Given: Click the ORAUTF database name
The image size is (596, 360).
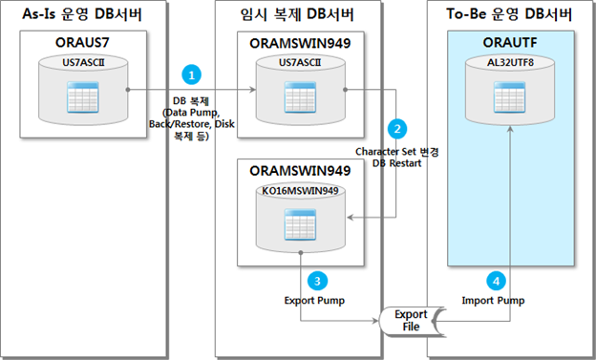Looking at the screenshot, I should (511, 44).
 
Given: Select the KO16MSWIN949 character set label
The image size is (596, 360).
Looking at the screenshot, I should (298, 192).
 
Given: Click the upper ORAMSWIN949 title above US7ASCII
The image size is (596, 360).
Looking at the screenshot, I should (298, 44).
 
